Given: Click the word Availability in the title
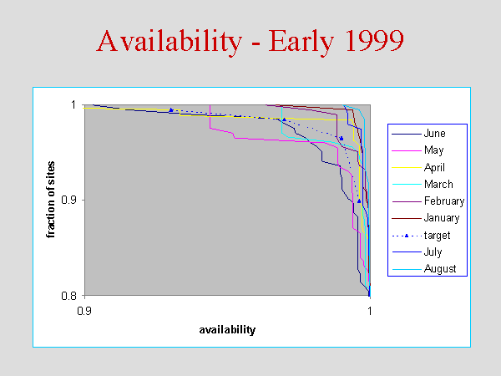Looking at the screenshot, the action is pos(169,42).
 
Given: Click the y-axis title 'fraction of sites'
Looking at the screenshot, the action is pos(50,200).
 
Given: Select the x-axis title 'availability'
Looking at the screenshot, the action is pos(227,330).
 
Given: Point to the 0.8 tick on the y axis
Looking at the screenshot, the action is pos(68,296).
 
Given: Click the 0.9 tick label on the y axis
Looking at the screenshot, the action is pos(68,201).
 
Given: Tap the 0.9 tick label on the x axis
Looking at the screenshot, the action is pos(84,311).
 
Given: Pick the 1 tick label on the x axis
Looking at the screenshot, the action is pos(370,311).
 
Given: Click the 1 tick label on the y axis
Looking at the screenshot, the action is pos(73,105).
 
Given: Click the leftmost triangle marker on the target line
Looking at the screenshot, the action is pos(171,110).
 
